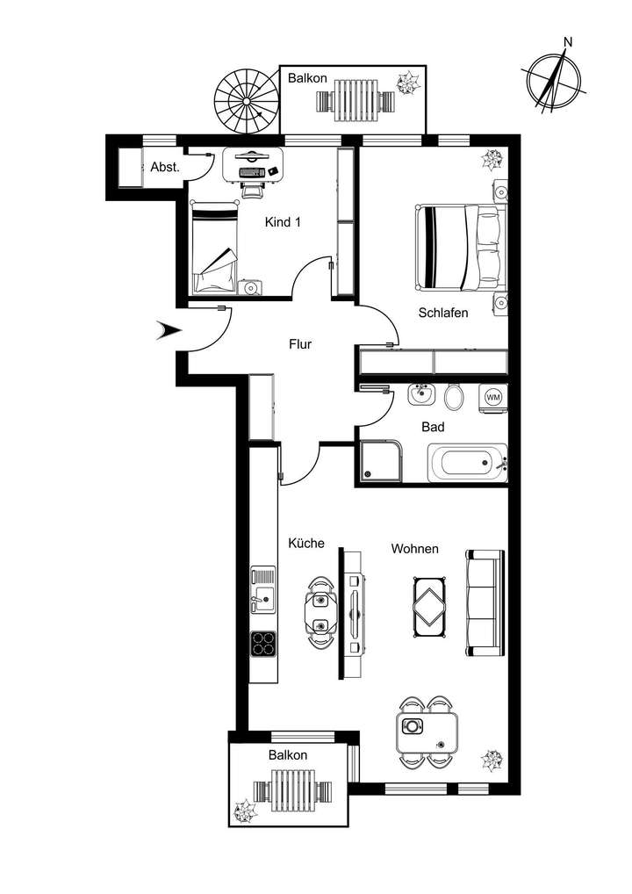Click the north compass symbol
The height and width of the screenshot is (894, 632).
pyautogui.click(x=556, y=77)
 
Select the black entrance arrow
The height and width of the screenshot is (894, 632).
pyautogui.click(x=168, y=330)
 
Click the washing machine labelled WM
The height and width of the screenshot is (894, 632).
pyautogui.click(x=493, y=397)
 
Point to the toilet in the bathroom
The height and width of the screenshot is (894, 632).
pyautogui.click(x=455, y=397)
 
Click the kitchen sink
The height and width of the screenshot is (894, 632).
pyautogui.click(x=262, y=589)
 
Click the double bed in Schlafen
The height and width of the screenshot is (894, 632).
pyautogui.click(x=463, y=247)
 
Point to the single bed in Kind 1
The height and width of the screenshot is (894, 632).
pyautogui.click(x=216, y=249)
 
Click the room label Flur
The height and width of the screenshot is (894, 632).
pyautogui.click(x=301, y=344)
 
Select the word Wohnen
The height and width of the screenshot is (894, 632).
pyautogui.click(x=414, y=549)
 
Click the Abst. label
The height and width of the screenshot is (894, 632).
pyautogui.click(x=165, y=167)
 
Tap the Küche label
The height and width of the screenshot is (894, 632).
pyautogui.click(x=306, y=544)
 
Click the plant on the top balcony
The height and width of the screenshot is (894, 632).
pyautogui.click(x=409, y=83)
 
